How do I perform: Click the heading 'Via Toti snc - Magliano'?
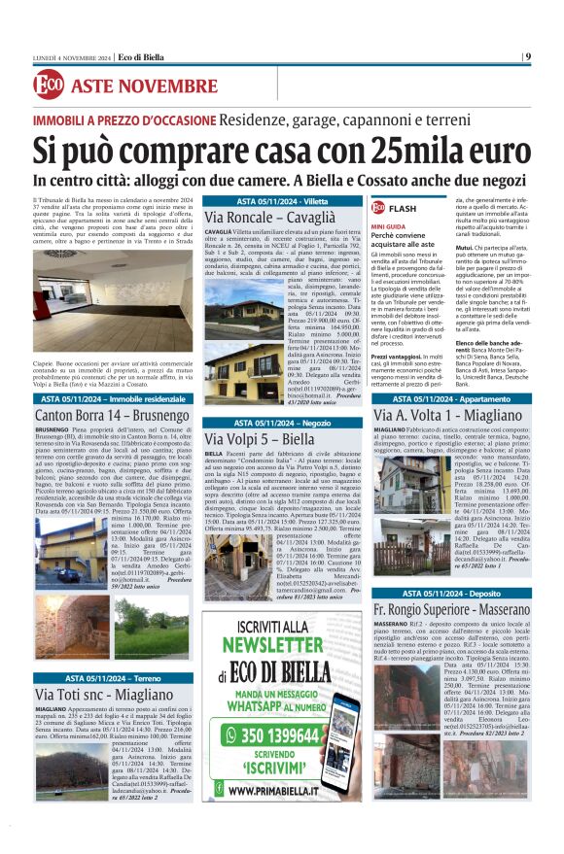(x=104, y=695)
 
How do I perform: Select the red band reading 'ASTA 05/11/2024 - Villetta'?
(x=282, y=200)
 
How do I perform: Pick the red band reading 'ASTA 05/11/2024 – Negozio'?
(x=282, y=424)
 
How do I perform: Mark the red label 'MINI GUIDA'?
(x=388, y=225)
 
